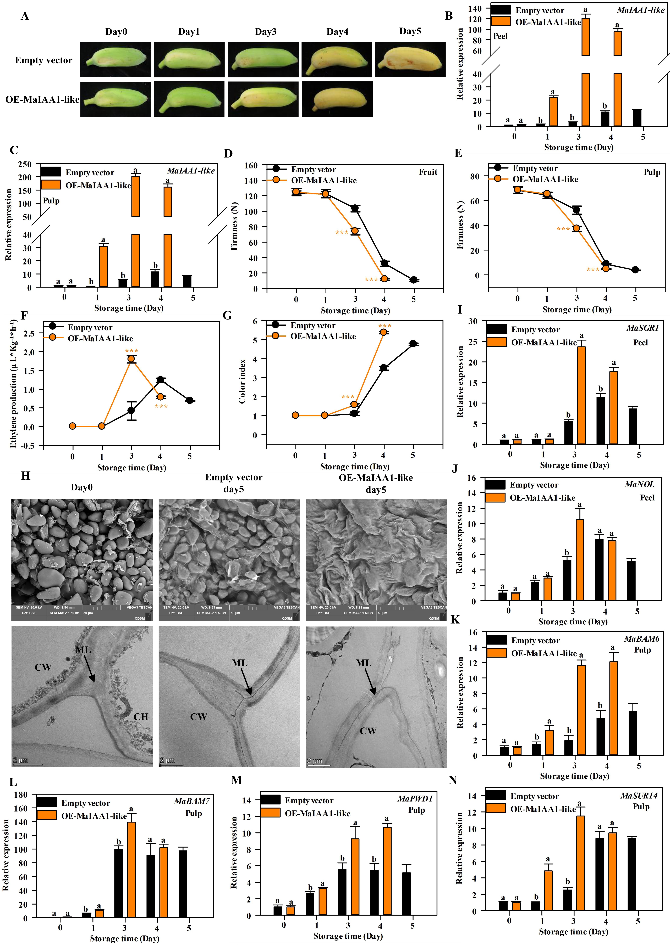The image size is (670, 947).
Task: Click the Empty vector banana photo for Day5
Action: pos(410,59)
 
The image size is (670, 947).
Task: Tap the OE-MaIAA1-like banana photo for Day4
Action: pos(337,99)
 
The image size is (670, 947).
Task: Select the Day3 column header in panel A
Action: pos(265,32)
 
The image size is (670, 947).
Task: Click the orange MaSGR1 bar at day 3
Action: pos(581,395)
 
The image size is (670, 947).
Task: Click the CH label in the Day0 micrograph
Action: pos(141,717)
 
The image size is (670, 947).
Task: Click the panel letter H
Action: pos(26,476)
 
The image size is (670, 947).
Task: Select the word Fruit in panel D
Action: pos(428,172)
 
